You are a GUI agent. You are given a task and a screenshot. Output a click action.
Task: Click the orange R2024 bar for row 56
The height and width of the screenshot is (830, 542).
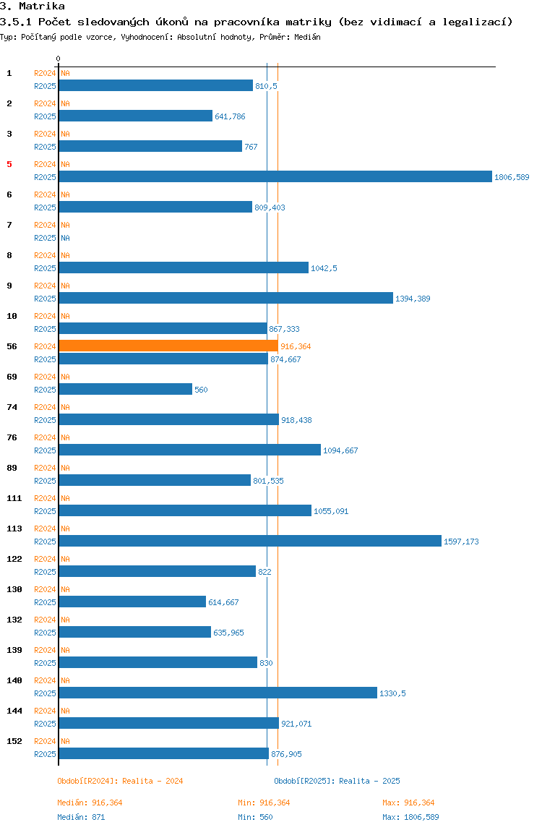click(x=168, y=346)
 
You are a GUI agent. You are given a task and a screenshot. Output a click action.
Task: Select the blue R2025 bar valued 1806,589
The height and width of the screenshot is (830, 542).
click(x=275, y=177)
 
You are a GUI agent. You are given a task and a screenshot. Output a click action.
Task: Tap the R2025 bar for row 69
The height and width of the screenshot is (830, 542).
click(x=126, y=390)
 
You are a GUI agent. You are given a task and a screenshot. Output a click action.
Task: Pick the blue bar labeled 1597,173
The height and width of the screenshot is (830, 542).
click(x=250, y=542)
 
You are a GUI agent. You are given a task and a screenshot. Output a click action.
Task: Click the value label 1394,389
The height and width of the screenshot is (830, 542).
click(x=413, y=299)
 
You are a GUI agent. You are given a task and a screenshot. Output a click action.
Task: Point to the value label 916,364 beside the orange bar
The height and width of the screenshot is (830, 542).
click(x=296, y=346)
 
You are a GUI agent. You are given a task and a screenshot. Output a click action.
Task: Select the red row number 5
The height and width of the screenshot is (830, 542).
click(x=9, y=164)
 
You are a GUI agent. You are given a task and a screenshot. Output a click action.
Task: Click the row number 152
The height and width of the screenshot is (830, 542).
click(x=14, y=741)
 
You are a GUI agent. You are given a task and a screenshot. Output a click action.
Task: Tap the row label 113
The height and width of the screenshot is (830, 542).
click(x=14, y=529)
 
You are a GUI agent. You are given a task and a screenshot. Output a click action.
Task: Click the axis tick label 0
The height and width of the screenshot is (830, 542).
click(x=59, y=59)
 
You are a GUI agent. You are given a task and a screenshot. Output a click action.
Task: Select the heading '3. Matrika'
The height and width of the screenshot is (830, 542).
click(x=33, y=7)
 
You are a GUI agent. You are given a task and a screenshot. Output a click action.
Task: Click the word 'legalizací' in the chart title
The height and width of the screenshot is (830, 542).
click(x=480, y=22)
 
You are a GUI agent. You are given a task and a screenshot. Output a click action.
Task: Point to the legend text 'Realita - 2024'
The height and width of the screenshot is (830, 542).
click(x=152, y=781)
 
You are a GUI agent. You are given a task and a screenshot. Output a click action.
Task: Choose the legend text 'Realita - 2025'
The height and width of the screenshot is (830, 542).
click(x=369, y=781)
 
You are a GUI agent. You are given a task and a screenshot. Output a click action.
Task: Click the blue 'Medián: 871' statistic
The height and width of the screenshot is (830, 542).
click(x=82, y=817)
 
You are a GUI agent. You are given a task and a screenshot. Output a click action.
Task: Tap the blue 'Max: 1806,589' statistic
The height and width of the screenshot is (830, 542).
click(x=410, y=817)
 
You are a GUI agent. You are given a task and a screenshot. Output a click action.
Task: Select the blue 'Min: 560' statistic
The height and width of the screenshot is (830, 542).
click(x=255, y=817)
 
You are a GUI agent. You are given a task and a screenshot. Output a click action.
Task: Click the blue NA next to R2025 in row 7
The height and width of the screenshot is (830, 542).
click(x=65, y=238)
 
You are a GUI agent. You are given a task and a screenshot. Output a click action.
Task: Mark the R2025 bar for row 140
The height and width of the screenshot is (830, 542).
click(x=218, y=693)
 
